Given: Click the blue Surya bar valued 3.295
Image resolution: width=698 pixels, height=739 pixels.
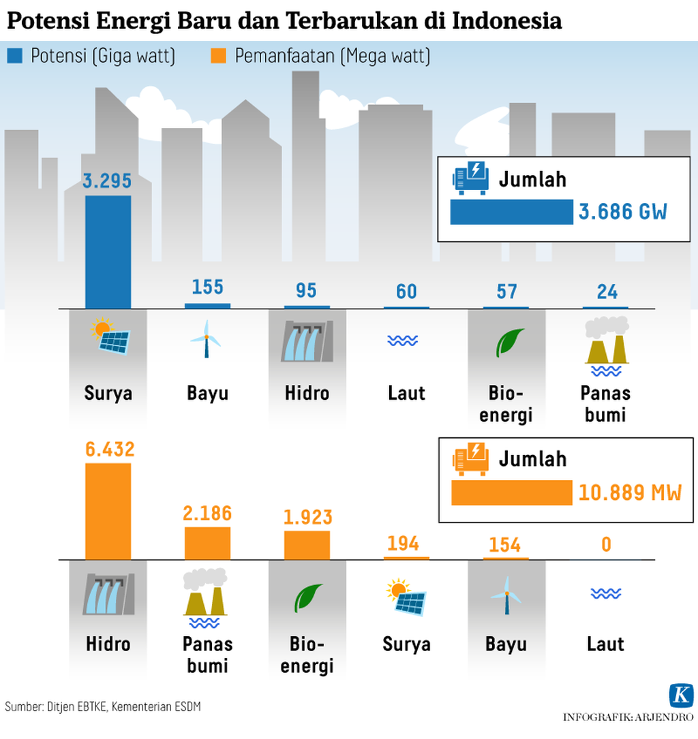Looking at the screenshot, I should (108, 251).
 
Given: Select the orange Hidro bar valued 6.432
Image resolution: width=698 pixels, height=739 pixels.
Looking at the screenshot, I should (108, 511).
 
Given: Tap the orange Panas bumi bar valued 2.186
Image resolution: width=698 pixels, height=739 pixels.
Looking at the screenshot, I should (207, 543).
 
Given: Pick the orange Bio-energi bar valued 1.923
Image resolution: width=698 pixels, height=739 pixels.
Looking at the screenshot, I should (307, 545).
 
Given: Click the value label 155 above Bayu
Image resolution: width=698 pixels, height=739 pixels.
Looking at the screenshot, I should (207, 287).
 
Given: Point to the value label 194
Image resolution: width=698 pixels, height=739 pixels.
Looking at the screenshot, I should (406, 544).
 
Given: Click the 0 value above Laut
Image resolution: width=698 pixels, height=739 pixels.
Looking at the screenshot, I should (606, 545).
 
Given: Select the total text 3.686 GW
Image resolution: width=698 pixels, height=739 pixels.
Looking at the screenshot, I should (623, 212).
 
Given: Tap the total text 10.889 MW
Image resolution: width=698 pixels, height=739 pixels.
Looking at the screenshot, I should (630, 492).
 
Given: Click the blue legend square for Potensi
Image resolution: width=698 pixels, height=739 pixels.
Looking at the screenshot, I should (14, 56).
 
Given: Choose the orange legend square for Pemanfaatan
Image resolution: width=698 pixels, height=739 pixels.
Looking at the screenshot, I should (218, 56).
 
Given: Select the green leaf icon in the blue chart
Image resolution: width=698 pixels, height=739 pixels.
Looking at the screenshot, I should (509, 342).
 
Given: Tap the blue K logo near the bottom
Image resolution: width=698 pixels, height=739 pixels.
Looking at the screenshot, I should (680, 695).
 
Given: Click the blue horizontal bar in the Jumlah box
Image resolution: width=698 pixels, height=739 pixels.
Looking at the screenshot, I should (511, 212).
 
